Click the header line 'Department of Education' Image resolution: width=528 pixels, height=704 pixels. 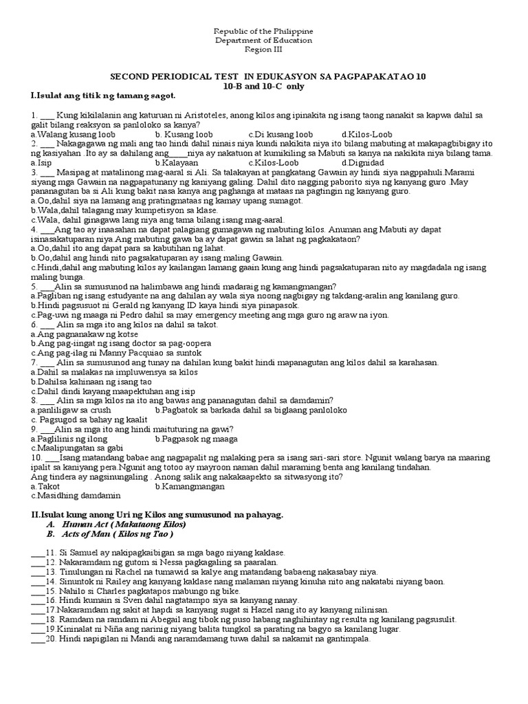point(263,41)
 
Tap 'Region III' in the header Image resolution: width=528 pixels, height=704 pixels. point(264,49)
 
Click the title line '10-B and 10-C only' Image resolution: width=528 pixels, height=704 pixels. point(264,87)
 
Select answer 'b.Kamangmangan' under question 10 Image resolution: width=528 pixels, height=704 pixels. point(190,486)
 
